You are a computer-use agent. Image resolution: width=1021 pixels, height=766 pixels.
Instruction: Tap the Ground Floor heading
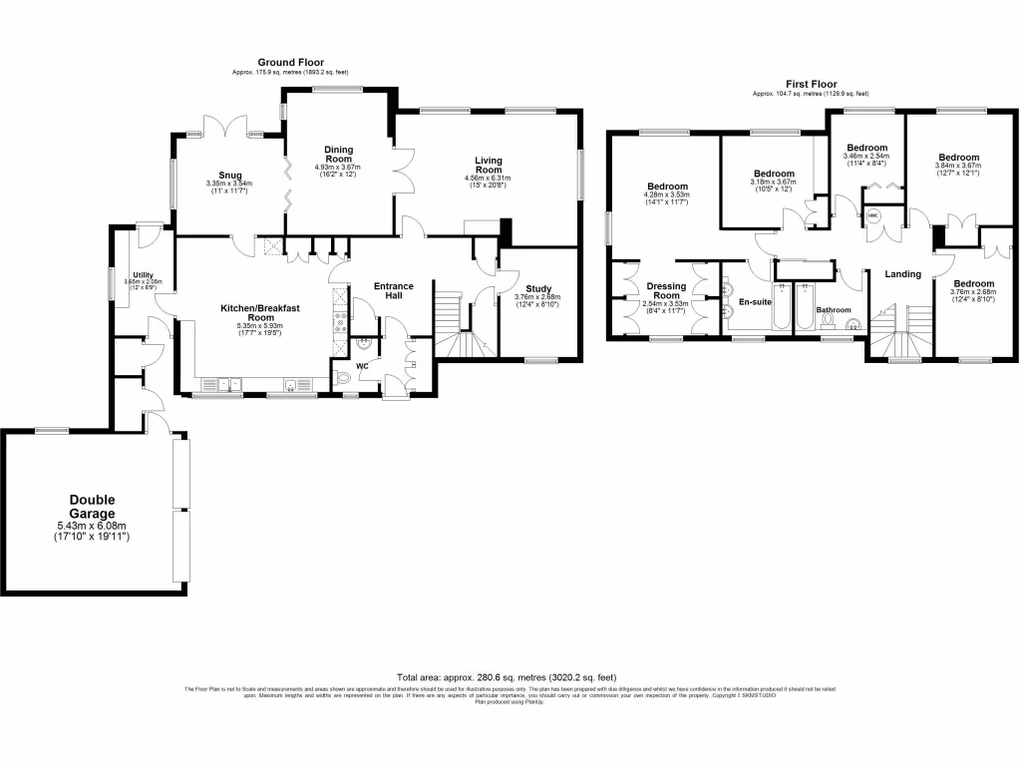[291, 63]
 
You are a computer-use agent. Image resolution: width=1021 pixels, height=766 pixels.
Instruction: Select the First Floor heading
[810, 85]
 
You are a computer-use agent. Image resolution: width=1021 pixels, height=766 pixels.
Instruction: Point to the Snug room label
[230, 176]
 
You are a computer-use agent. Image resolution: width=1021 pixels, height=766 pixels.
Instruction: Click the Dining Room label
[339, 154]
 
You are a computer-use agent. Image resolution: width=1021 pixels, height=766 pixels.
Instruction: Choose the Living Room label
[488, 166]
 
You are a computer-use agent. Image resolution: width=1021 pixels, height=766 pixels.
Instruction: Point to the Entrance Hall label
[394, 292]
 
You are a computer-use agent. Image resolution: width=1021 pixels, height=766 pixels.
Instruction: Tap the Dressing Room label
[666, 291]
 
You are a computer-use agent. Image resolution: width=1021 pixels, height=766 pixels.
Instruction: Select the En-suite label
[755, 301]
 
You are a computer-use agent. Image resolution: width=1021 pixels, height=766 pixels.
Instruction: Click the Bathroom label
[834, 310]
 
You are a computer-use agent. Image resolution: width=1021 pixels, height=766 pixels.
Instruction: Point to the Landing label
[903, 274]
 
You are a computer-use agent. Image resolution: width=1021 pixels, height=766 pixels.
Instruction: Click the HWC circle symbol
[872, 214]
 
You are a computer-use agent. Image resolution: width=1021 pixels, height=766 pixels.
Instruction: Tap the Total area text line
[510, 675]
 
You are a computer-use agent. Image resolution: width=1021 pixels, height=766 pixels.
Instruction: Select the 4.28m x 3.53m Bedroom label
[667, 187]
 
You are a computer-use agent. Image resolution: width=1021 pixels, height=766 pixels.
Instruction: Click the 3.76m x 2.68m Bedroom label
[973, 283]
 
